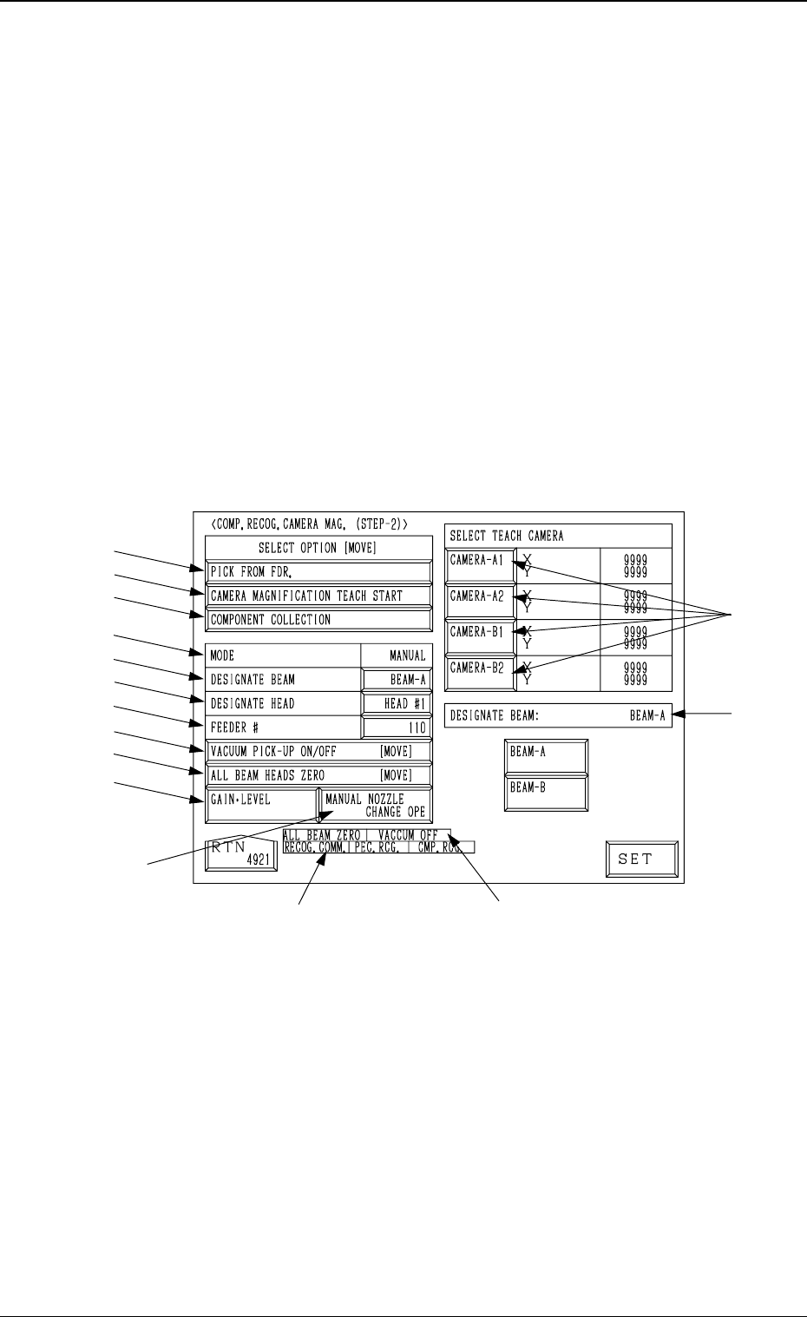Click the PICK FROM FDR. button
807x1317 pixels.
[x=318, y=572]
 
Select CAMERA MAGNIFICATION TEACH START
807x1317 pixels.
[x=318, y=596]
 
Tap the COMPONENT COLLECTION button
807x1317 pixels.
[x=318, y=620]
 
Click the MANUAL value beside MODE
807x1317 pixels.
[x=397, y=655]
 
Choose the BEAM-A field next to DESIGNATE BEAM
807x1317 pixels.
[x=397, y=680]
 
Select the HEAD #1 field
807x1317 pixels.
[x=397, y=703]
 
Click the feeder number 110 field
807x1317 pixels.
[x=397, y=728]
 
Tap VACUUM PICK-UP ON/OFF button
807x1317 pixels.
[x=318, y=751]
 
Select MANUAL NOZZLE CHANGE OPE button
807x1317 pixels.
[x=375, y=805]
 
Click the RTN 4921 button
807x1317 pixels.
[x=241, y=855]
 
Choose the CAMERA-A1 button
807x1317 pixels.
[x=480, y=565]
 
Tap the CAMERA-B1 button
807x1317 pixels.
[x=480, y=637]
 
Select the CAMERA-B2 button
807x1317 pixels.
[x=480, y=674]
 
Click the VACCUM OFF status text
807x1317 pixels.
[x=408, y=835]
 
